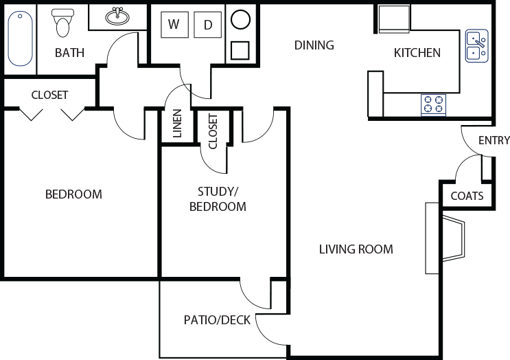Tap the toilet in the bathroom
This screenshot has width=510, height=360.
[63, 23]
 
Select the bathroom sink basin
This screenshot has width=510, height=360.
[117, 16]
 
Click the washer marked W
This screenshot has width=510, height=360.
[174, 25]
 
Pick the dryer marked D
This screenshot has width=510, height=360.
[207, 25]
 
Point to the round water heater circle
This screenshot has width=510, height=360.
[240, 19]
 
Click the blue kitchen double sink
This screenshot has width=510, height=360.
[476, 45]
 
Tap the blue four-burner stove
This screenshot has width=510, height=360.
[433, 104]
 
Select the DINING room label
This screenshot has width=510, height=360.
[314, 45]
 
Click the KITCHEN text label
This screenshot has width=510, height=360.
[417, 53]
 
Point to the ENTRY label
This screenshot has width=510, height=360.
[494, 141]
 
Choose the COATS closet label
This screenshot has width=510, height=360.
[467, 196]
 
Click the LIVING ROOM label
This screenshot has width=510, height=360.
[356, 249]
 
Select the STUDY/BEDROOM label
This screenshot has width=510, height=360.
[217, 199]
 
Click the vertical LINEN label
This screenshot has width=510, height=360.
[177, 124]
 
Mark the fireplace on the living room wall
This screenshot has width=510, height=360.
[453, 238]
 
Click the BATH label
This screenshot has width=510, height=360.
[69, 52]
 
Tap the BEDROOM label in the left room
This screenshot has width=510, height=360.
[73, 194]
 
